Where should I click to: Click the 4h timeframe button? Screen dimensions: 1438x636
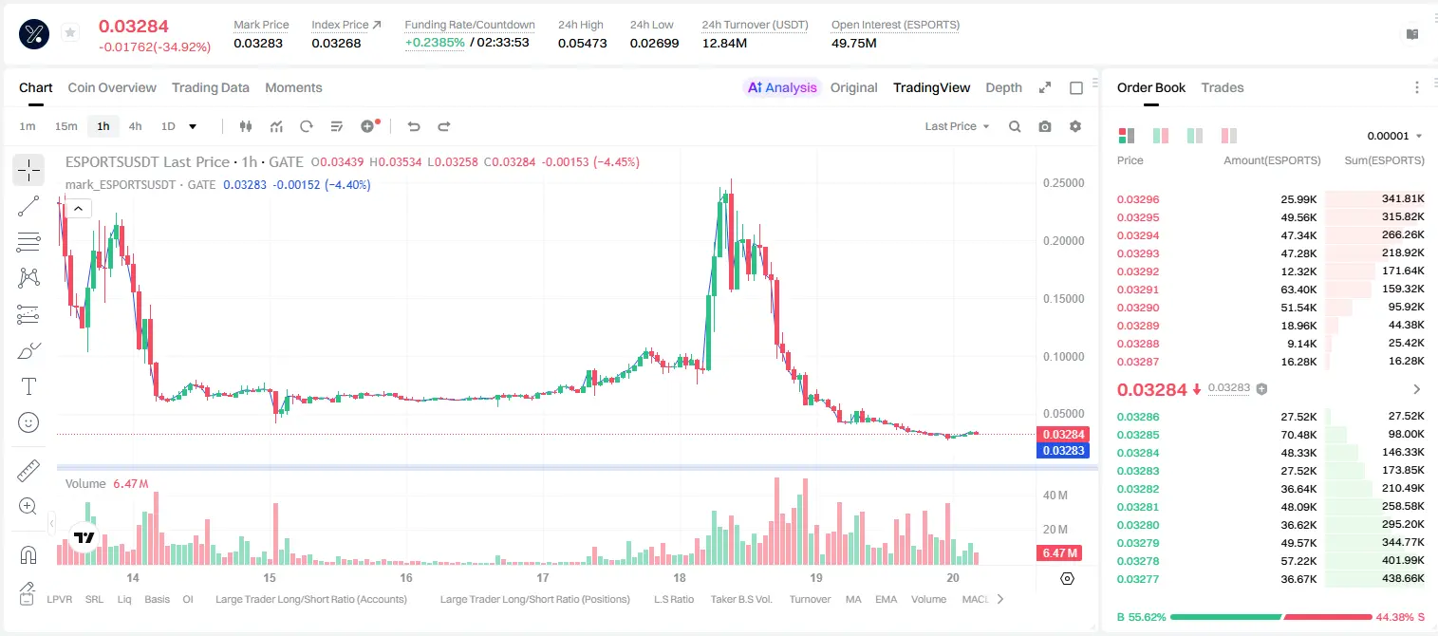135,126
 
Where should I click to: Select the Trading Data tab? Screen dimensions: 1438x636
211,87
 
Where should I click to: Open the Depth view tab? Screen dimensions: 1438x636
1003,87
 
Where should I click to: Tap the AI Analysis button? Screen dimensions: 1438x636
782,87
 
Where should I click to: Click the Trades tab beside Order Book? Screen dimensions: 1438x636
1223,87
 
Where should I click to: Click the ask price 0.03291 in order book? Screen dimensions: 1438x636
1138,290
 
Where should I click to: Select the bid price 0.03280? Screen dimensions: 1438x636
1138,525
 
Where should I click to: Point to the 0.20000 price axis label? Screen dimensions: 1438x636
1064,241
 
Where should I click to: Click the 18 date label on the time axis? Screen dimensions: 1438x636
680,577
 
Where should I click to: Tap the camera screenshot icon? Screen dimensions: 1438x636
1045,126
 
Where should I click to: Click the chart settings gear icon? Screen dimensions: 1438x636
1075,126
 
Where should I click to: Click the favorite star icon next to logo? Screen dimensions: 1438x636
70,32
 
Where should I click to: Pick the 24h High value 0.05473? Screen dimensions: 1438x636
582,43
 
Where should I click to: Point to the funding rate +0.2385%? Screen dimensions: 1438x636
435,43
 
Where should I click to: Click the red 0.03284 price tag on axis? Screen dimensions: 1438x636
1063,434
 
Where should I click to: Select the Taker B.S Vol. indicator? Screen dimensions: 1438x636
740,599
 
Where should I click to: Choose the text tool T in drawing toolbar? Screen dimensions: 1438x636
28,386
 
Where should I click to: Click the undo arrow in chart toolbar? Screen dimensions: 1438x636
414,126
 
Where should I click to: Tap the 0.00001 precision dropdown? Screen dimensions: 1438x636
1394,136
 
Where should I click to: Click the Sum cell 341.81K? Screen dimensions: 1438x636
1403,199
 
